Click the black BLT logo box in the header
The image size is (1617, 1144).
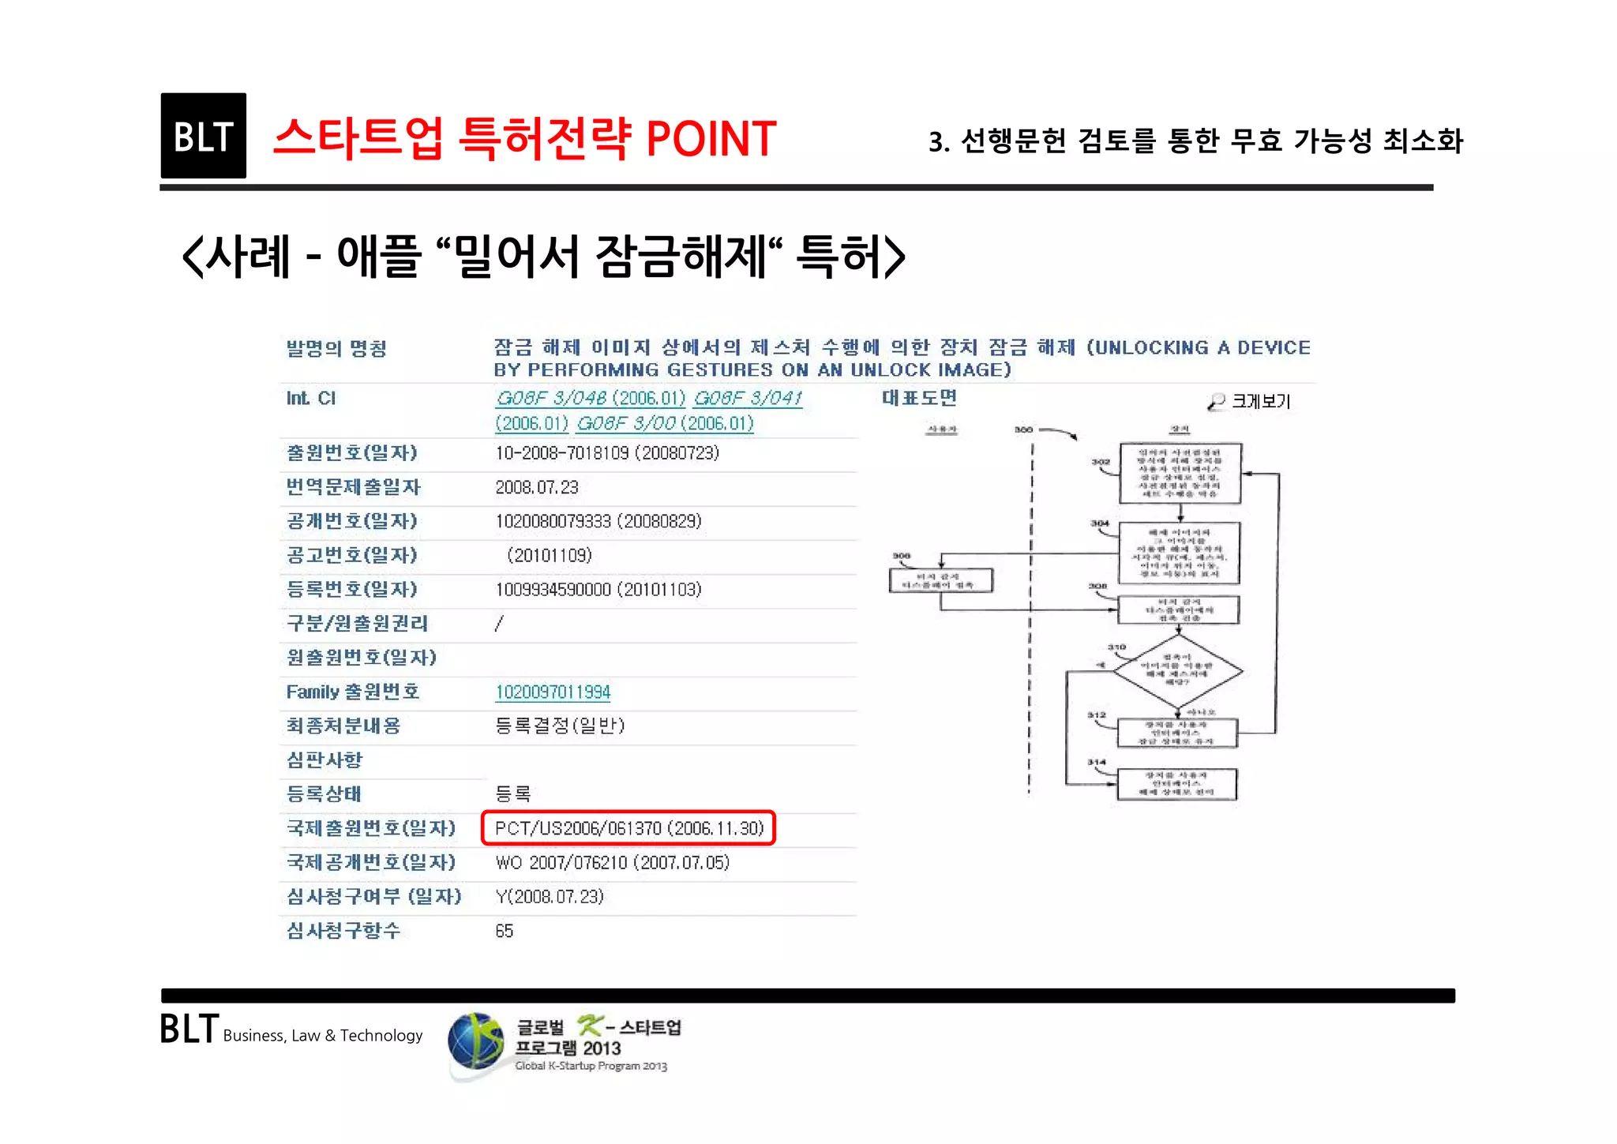click(x=203, y=136)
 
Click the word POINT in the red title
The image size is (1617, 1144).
click(x=711, y=139)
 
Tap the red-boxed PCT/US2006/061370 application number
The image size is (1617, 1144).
click(x=628, y=828)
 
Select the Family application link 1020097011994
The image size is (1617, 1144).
click(x=553, y=692)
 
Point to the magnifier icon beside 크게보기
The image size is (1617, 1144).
click(x=1216, y=402)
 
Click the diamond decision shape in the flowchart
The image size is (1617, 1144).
click(x=1177, y=671)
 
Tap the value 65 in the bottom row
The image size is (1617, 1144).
click(x=505, y=932)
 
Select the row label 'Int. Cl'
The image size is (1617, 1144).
click(x=311, y=399)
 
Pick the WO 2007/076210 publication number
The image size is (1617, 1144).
click(x=612, y=863)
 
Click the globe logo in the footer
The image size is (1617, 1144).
click(x=475, y=1044)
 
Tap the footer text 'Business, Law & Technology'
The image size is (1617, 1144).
click(x=322, y=1036)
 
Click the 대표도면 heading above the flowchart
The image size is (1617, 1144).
click(x=919, y=398)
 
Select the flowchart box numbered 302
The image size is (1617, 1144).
click(x=1180, y=473)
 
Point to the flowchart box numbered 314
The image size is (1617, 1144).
click(x=1176, y=784)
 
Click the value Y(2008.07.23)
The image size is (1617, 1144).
click(x=549, y=897)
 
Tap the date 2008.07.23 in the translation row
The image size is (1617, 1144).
click(x=537, y=488)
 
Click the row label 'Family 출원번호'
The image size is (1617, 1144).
click(x=352, y=692)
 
